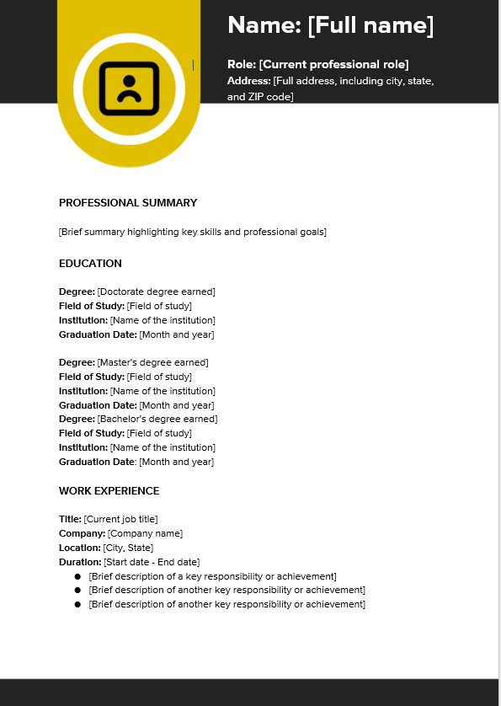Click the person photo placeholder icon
(x=129, y=88)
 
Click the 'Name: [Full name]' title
(x=330, y=25)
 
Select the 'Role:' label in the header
(x=242, y=65)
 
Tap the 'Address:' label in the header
(x=249, y=81)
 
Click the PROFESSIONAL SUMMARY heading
(x=128, y=203)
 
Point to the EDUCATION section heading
(x=90, y=264)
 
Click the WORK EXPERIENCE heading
(x=109, y=491)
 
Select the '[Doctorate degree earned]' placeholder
(x=157, y=292)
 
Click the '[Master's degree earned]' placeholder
(x=152, y=363)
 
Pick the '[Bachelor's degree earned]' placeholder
(x=157, y=420)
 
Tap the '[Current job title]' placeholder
(x=120, y=520)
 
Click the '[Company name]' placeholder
(x=145, y=534)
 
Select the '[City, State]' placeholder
(x=129, y=548)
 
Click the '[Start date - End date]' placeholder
(x=152, y=563)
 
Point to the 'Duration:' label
(x=80, y=563)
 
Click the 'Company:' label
(x=82, y=534)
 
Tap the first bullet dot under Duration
(x=77, y=577)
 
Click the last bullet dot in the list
(x=77, y=605)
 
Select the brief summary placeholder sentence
(x=193, y=232)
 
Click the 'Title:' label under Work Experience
(x=70, y=520)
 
